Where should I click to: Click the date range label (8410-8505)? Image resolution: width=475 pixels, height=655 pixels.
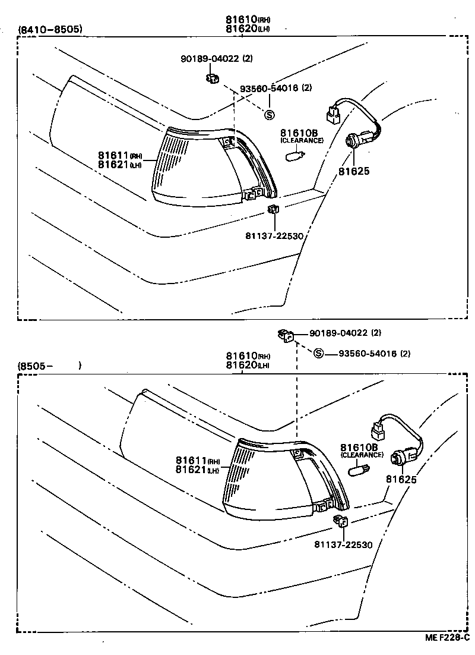click(50, 29)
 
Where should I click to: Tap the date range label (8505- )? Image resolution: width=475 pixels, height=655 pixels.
click(50, 366)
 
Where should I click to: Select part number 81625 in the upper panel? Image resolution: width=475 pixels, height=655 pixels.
click(354, 171)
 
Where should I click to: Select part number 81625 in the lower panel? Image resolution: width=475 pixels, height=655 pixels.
click(401, 479)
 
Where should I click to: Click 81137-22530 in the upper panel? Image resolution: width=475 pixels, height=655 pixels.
click(274, 236)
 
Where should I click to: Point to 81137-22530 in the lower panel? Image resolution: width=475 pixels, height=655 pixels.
click(344, 544)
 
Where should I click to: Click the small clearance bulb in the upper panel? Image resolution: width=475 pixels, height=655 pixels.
click(294, 156)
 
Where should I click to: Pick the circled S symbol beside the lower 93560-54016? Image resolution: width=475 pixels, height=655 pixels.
click(318, 354)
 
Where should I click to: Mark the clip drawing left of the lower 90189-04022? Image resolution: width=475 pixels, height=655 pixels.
click(285, 336)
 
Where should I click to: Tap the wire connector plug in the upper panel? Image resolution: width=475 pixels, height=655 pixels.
click(333, 113)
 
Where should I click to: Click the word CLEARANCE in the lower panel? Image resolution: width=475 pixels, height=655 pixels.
click(362, 455)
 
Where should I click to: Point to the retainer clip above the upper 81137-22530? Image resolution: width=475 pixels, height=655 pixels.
click(273, 209)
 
